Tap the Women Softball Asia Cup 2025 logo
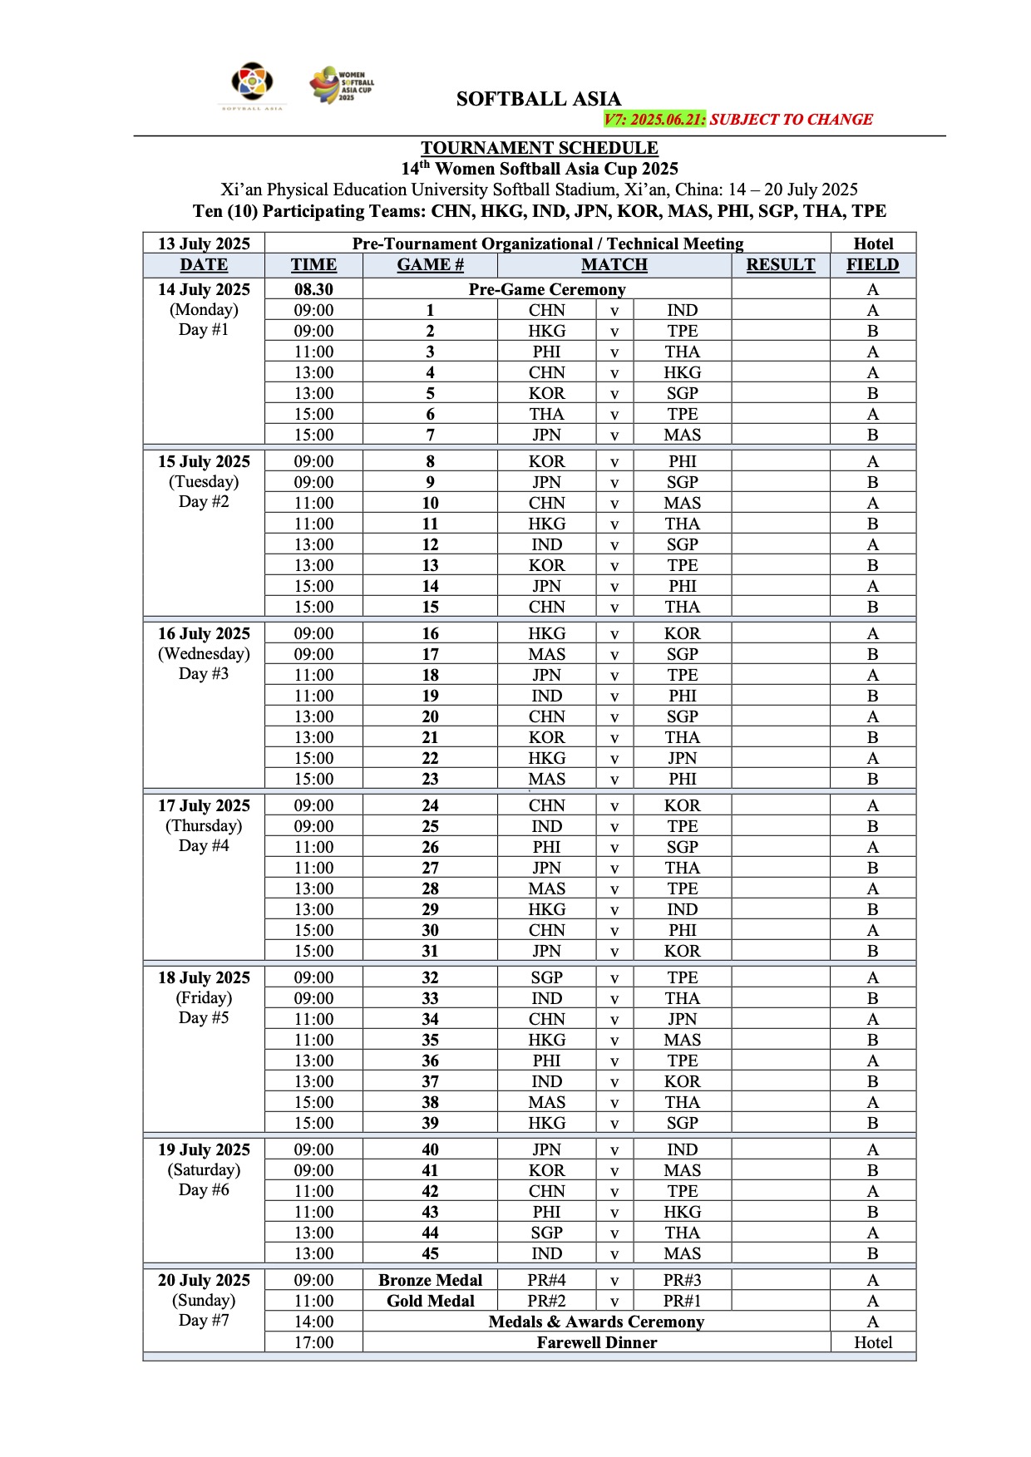[x=341, y=85]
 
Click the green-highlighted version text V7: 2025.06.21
[x=654, y=120]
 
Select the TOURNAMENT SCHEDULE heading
[x=539, y=148]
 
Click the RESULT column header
[x=780, y=265]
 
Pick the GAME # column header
[x=430, y=265]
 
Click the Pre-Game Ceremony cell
[x=546, y=289]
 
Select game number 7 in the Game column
[x=430, y=435]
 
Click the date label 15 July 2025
[x=204, y=461]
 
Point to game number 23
[x=430, y=779]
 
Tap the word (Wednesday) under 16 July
[x=204, y=654]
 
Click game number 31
[x=430, y=951]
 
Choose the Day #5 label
[x=204, y=1018]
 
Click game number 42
[x=430, y=1191]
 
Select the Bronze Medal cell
[x=430, y=1280]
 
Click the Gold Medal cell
[x=430, y=1301]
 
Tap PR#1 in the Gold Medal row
[x=682, y=1301]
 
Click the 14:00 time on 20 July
[x=313, y=1322]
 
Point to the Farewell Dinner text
[x=596, y=1342]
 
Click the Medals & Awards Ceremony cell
[x=596, y=1322]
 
